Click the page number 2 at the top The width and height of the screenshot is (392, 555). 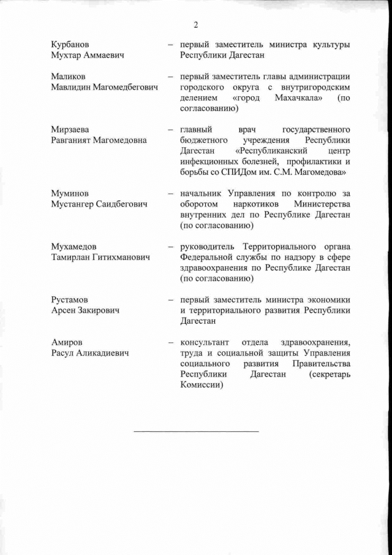(x=195, y=25)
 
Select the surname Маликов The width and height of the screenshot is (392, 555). (x=68, y=77)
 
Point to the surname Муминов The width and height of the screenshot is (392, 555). (x=70, y=193)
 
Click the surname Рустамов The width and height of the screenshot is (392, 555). (x=70, y=299)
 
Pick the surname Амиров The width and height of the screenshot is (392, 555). (x=66, y=342)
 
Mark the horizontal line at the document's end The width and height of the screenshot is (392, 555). (x=196, y=431)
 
